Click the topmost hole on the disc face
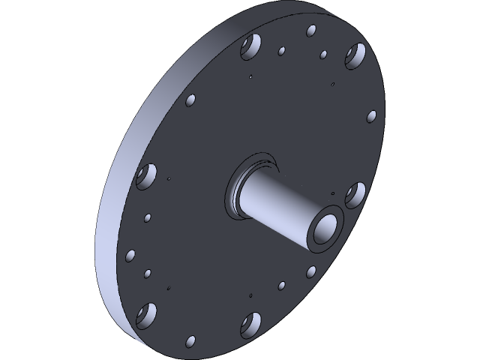[x=311, y=31]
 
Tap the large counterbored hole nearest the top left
[x=250, y=49]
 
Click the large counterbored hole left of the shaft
[x=145, y=177]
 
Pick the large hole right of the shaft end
[x=355, y=194]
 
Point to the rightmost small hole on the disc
[x=371, y=117]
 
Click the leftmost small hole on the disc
[x=131, y=255]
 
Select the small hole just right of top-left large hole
[x=281, y=52]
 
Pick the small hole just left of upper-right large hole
[x=323, y=55]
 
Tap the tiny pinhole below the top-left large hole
[x=250, y=76]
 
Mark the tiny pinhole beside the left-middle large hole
[x=169, y=179]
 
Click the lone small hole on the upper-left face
[x=190, y=99]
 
